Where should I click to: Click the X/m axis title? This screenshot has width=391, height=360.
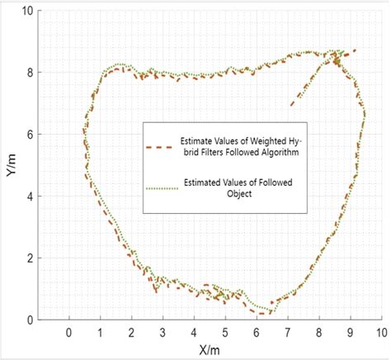[209, 350]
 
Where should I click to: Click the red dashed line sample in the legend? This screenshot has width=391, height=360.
[158, 146]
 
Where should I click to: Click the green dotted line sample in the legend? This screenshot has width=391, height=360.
[158, 189]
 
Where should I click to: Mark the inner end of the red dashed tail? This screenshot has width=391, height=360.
[291, 105]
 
